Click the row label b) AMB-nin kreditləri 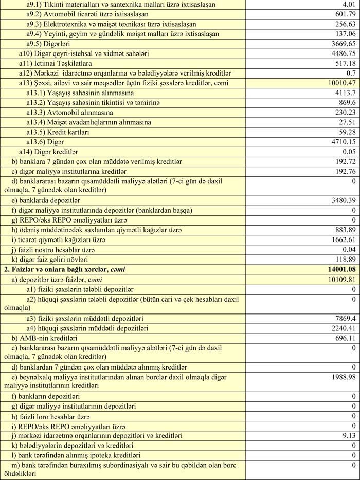point(44,339)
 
